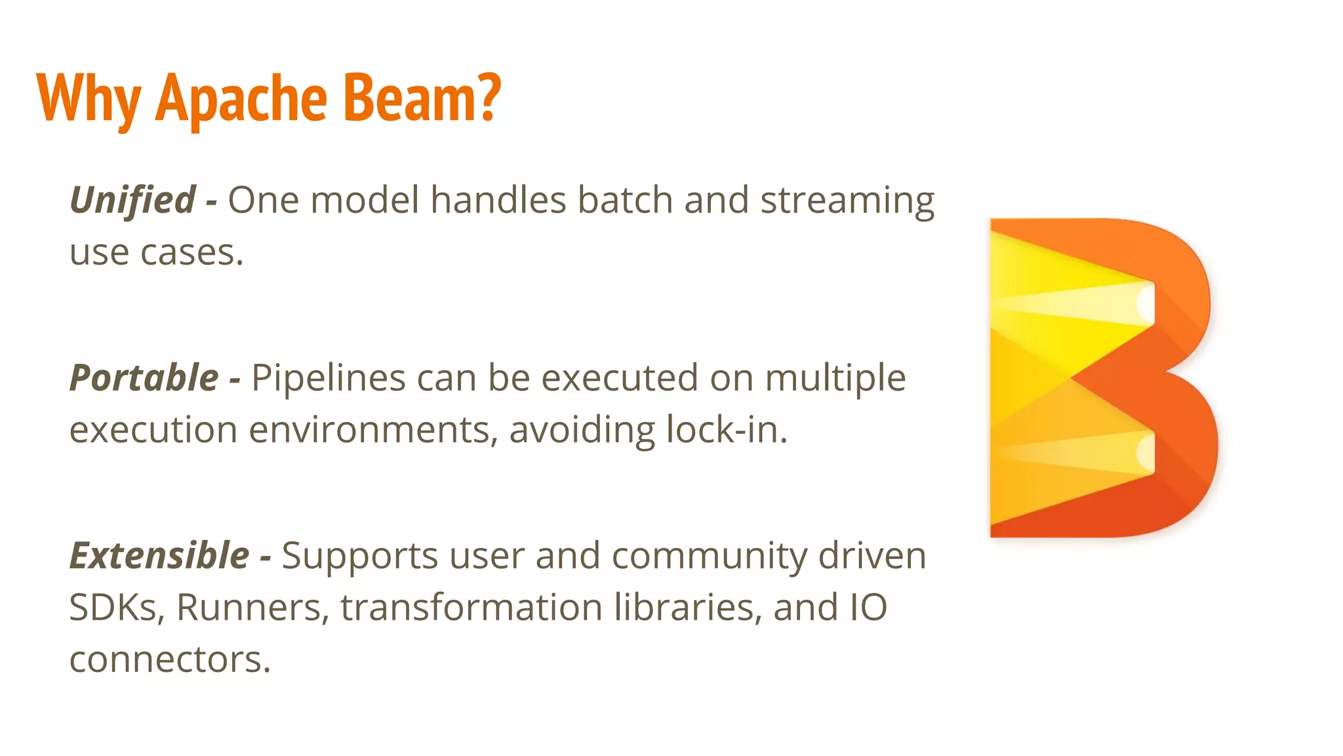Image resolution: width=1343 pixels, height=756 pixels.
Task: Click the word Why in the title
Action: [89, 98]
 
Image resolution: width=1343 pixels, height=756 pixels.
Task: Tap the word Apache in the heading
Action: [241, 98]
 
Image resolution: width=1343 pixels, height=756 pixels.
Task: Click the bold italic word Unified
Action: [132, 200]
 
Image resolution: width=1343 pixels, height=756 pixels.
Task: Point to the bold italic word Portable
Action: [144, 378]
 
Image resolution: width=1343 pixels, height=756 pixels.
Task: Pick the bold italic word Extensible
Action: [159, 556]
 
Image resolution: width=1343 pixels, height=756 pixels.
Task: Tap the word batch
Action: [625, 200]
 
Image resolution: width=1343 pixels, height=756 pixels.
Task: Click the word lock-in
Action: [726, 430]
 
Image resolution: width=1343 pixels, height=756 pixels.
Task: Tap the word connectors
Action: [170, 660]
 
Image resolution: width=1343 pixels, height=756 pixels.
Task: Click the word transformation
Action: [471, 608]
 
